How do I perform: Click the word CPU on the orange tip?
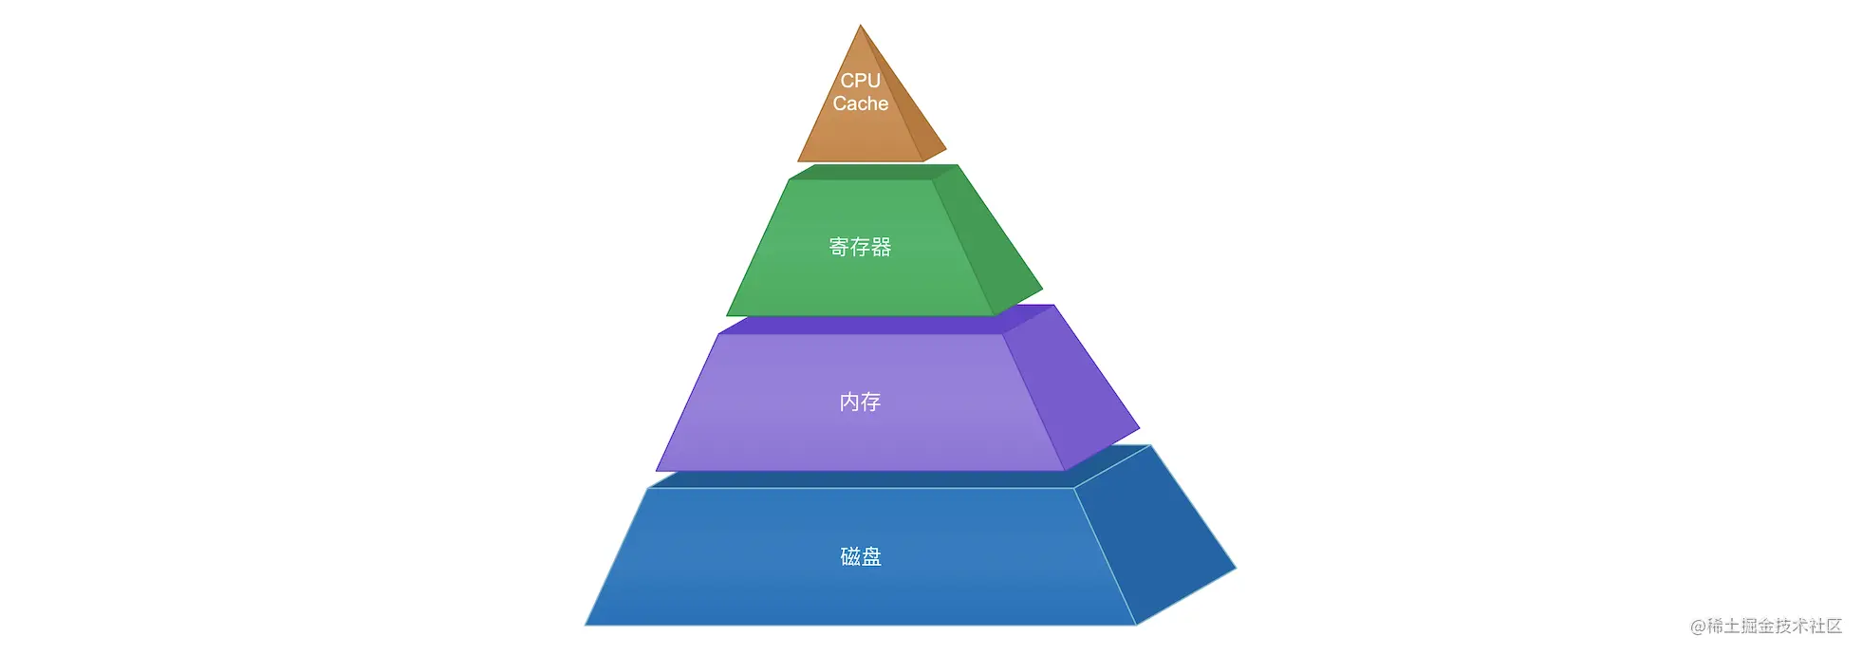click(861, 81)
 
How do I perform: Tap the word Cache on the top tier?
click(861, 103)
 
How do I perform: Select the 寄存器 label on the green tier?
click(861, 247)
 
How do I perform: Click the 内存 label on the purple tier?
click(861, 402)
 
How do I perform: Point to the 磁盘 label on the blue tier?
click(861, 556)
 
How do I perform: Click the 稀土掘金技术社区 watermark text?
click(1775, 626)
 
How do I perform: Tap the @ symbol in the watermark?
click(1698, 627)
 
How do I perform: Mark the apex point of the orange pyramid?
click(861, 25)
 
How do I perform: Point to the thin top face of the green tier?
click(874, 172)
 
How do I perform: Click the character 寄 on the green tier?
click(839, 247)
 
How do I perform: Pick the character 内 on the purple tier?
click(849, 402)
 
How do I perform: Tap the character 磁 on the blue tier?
click(849, 556)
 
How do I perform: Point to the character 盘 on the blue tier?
click(872, 556)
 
